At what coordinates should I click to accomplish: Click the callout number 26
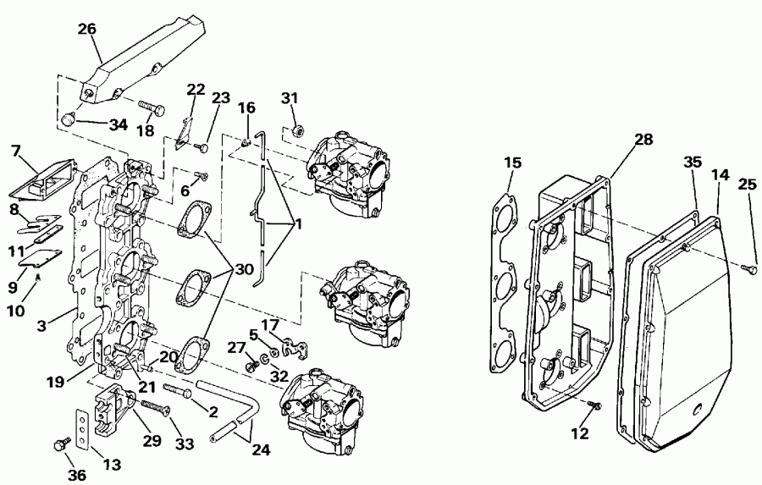tap(87, 29)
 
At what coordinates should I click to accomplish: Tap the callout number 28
tap(644, 140)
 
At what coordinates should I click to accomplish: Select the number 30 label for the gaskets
tap(244, 269)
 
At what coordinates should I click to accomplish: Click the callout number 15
tap(513, 163)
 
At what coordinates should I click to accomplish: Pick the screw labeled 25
tap(749, 267)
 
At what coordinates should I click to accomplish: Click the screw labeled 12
tap(593, 404)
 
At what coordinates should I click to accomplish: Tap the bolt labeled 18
tap(152, 107)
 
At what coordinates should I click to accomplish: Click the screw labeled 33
tap(156, 407)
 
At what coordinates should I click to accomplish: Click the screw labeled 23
tap(202, 146)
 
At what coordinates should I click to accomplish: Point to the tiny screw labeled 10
tap(38, 277)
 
